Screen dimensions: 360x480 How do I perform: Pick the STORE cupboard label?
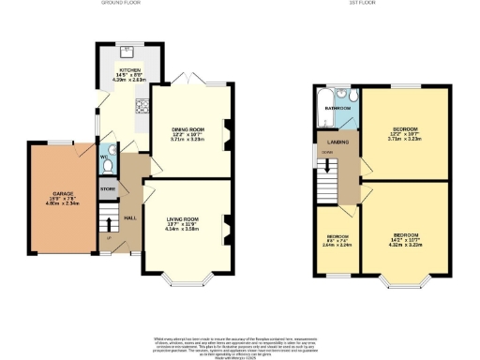[x=108, y=189]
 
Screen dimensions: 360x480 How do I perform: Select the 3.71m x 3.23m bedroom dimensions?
[x=405, y=138]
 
